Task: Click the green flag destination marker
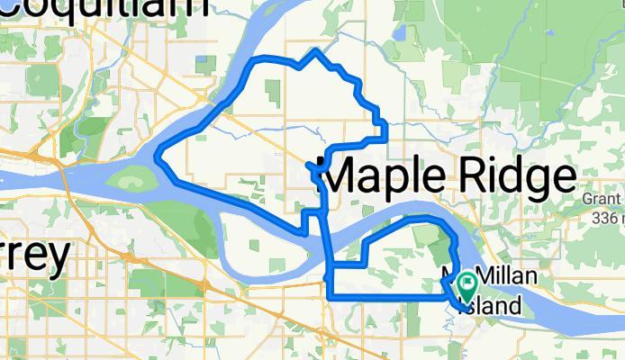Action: [x=468, y=287]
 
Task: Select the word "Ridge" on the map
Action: [x=517, y=174]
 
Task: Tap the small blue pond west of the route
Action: [x=201, y=63]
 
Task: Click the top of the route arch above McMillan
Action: [x=419, y=219]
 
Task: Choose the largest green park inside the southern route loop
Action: [x=423, y=236]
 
